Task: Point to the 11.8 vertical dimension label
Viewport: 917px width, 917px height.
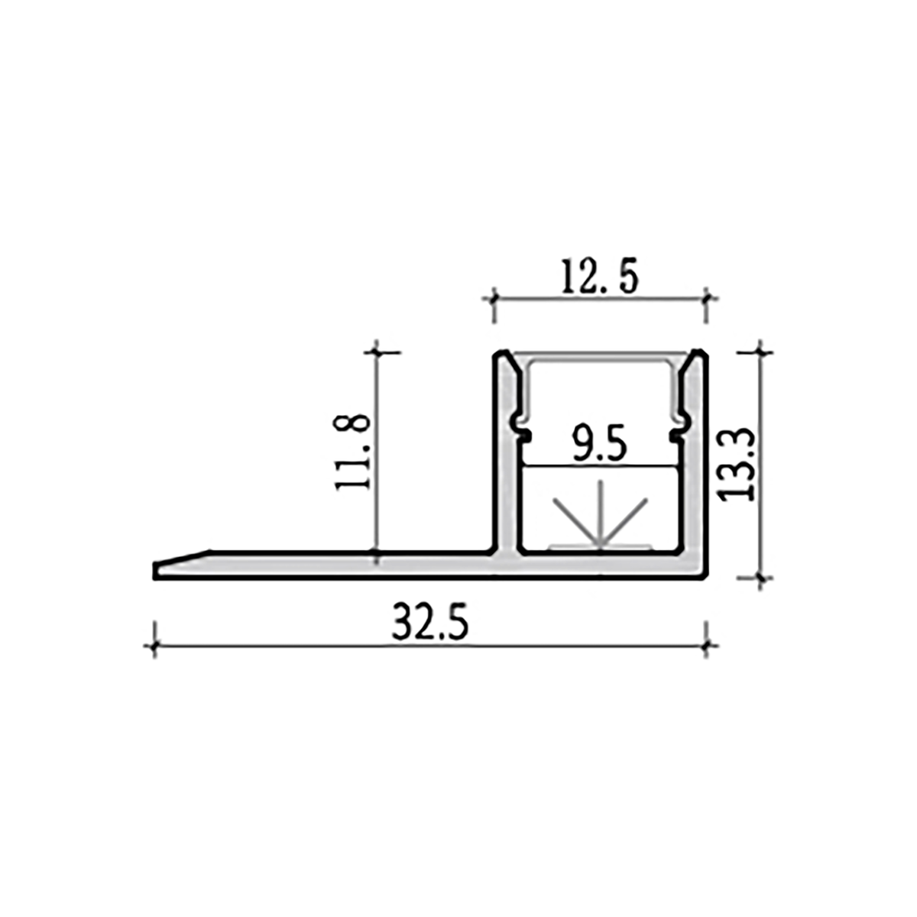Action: (354, 452)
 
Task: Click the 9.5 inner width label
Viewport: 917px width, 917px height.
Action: (600, 446)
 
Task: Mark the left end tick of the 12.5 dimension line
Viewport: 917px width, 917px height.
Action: (494, 298)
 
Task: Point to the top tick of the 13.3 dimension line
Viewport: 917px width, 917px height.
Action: (760, 352)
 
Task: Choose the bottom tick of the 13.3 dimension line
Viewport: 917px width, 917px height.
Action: (760, 578)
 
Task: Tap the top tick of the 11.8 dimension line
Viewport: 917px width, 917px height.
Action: (375, 352)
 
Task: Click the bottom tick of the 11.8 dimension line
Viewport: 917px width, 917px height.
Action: (375, 551)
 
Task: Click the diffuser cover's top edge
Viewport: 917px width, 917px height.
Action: (600, 355)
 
